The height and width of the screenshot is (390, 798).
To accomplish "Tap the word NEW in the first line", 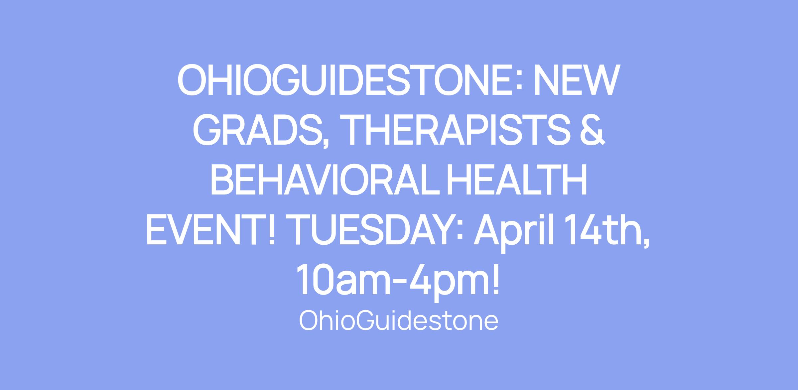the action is coord(577,80).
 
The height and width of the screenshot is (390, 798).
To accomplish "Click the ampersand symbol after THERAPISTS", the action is coord(591,130).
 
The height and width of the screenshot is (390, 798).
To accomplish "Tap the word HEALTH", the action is coord(516,180).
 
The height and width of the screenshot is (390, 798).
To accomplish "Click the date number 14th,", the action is coord(609,231).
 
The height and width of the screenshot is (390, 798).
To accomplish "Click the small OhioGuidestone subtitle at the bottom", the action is coord(399,321).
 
